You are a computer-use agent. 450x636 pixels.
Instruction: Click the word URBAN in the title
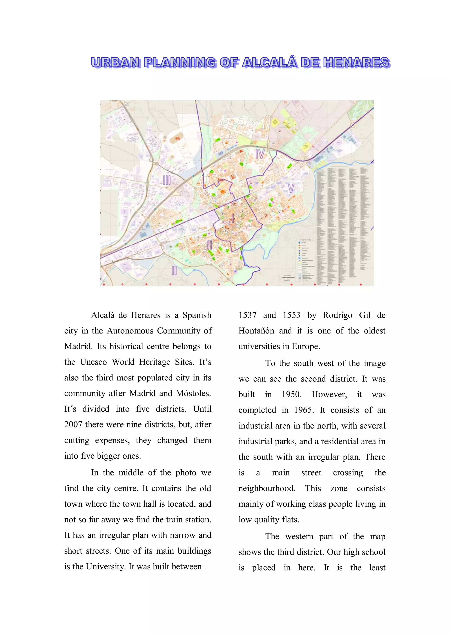[x=115, y=63]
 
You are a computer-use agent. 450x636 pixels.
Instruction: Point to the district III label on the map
[x=167, y=180]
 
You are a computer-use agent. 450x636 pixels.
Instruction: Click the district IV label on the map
[x=260, y=154]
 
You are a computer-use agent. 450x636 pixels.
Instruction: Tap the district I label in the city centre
[x=233, y=218]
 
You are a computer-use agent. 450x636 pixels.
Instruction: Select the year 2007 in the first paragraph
[x=73, y=425]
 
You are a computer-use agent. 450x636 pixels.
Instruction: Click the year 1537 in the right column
[x=247, y=315]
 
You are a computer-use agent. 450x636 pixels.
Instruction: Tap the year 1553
[x=291, y=315]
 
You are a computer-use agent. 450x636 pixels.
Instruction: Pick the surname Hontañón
[x=256, y=331]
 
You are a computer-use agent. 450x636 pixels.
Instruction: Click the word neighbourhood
[x=267, y=488]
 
